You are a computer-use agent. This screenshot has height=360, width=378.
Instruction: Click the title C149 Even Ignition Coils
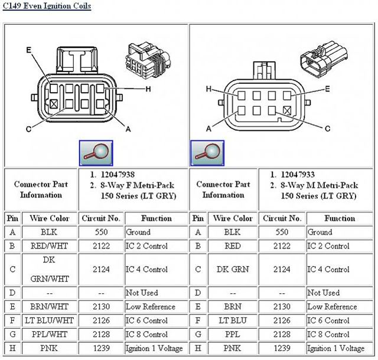[x=47, y=8]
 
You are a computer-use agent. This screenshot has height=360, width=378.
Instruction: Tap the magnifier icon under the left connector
[x=96, y=153]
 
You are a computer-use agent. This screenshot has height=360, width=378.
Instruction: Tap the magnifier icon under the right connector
[x=207, y=153]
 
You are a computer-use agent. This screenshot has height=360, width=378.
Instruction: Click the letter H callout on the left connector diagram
[x=148, y=89]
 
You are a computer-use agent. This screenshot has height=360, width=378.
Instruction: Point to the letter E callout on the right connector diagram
[x=328, y=89]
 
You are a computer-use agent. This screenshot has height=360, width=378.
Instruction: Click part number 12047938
[x=118, y=175]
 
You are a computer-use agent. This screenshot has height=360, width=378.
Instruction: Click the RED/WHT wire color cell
[x=50, y=246]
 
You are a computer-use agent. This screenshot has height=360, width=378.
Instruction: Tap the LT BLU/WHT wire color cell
[x=50, y=320]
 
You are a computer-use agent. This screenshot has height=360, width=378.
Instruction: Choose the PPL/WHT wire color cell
[x=50, y=335]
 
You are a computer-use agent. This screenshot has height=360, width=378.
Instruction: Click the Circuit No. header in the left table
[x=102, y=218]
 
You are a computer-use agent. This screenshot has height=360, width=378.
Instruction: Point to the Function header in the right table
[x=340, y=218]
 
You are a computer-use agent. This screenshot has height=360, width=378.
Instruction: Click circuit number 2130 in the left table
[x=102, y=307]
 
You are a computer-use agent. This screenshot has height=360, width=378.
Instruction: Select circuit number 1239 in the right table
[x=282, y=348]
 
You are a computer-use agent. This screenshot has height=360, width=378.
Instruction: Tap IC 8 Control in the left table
[x=146, y=335]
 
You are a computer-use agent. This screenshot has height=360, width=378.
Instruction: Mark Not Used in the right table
[x=324, y=293]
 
